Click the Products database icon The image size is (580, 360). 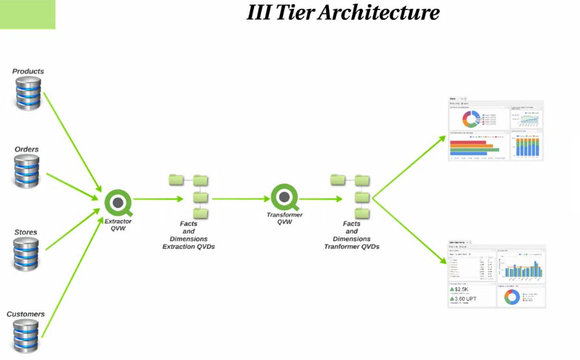pos(28,93)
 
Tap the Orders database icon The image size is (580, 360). pos(27,171)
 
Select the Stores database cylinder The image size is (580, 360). pos(26,253)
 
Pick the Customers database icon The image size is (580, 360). pos(26,336)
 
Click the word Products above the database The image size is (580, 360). pos(28,71)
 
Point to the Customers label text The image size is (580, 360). pos(25,314)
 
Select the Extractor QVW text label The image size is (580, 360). pos(118,225)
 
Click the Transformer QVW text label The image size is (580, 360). pos(284,218)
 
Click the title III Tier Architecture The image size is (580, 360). pos(343,12)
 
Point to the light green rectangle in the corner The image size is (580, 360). pos(28,14)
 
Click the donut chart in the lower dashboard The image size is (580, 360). pos(512,297)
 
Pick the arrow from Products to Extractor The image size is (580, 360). pos(72,141)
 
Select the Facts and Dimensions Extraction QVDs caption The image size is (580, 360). pos(188,235)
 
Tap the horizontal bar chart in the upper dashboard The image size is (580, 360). pos(474,147)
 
